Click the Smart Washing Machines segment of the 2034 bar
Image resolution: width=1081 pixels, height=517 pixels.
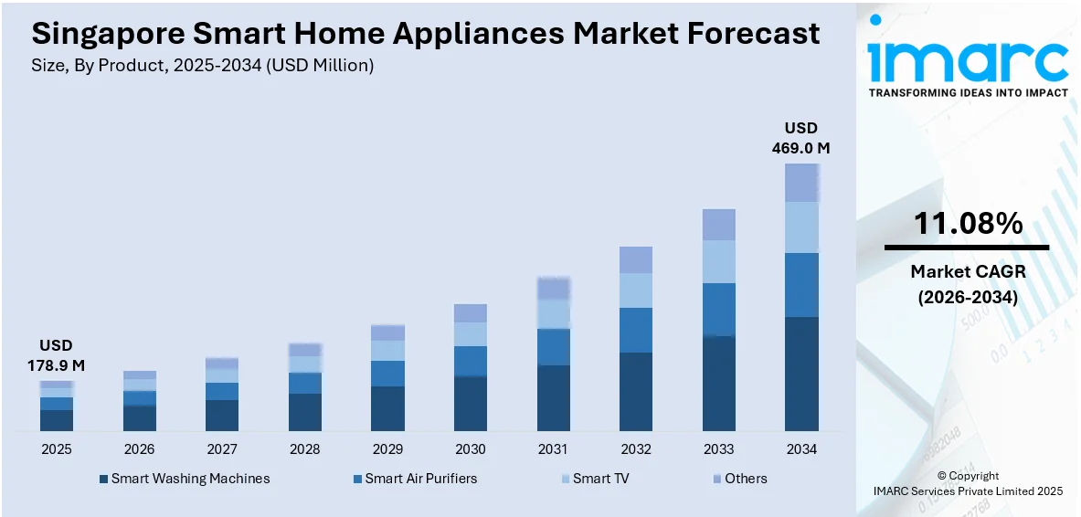pyautogui.click(x=801, y=374)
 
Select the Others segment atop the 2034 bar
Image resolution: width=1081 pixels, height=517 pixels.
pyautogui.click(x=801, y=183)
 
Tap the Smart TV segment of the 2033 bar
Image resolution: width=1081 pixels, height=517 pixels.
pyautogui.click(x=718, y=261)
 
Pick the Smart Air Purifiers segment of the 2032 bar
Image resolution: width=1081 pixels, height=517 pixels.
pyautogui.click(x=635, y=330)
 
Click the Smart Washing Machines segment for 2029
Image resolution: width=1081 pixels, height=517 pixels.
pyautogui.click(x=387, y=408)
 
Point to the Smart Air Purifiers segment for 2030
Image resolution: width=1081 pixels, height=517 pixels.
pyautogui.click(x=471, y=361)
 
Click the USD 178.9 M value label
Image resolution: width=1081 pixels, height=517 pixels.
pyautogui.click(x=56, y=355)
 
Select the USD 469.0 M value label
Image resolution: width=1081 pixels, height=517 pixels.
pyautogui.click(x=800, y=138)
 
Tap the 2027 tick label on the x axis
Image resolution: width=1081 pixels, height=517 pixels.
pyautogui.click(x=222, y=449)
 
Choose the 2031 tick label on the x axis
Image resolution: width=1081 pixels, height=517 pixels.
pyautogui.click(x=553, y=449)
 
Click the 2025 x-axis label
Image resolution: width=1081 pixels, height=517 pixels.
pyautogui.click(x=56, y=449)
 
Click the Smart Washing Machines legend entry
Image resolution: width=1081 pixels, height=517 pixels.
pyautogui.click(x=185, y=479)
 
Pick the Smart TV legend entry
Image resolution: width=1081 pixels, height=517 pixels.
pyautogui.click(x=594, y=479)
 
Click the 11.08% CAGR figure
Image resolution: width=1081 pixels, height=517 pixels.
pyautogui.click(x=968, y=223)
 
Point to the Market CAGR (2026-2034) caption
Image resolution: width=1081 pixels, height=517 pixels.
pyautogui.click(x=968, y=284)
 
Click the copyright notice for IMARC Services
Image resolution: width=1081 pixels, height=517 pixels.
pyautogui.click(x=968, y=483)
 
